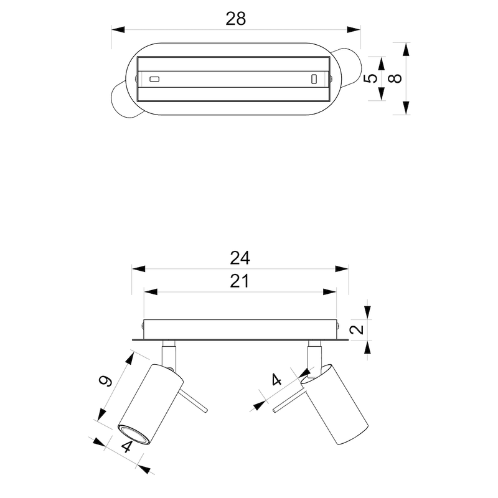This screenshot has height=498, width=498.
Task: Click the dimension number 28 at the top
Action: click(x=236, y=18)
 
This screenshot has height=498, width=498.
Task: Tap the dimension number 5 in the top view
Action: click(x=370, y=79)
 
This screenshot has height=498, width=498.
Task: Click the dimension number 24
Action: click(x=239, y=257)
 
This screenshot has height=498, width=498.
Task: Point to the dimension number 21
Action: click(x=239, y=281)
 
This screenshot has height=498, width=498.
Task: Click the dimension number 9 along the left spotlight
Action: click(x=106, y=380)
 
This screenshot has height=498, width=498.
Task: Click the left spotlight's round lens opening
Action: click(x=133, y=433)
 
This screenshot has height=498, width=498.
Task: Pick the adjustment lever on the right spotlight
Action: click(x=288, y=403)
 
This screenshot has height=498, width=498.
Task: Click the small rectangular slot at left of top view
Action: click(x=154, y=79)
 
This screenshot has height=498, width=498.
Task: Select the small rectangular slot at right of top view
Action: click(x=314, y=79)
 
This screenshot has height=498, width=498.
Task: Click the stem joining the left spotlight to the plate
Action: click(x=168, y=355)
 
